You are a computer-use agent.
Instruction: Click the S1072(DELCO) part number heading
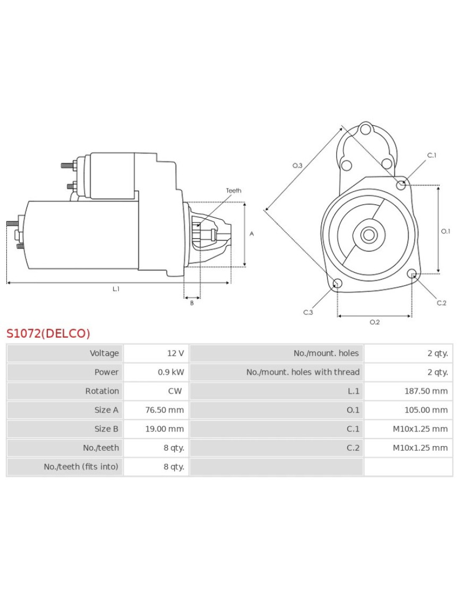(48, 333)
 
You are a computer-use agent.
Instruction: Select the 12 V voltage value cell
(175, 353)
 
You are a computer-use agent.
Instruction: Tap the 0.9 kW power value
(170, 372)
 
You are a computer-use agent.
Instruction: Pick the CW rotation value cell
(175, 391)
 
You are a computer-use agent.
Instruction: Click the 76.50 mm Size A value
(165, 410)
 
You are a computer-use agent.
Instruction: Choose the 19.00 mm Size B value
(165, 429)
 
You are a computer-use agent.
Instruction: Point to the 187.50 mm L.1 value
(426, 391)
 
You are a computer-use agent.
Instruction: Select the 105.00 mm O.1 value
(426, 410)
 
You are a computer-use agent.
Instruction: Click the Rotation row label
(102, 391)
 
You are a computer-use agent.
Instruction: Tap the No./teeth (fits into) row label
(81, 467)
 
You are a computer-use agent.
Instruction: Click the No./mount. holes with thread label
(303, 372)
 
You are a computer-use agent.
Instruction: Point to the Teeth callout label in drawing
(233, 191)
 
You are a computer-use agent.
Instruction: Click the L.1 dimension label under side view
(116, 289)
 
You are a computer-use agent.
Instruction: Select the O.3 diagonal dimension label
(297, 166)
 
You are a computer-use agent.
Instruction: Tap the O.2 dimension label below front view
(374, 322)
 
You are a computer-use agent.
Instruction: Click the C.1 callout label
(432, 155)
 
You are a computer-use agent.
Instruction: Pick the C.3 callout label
(308, 312)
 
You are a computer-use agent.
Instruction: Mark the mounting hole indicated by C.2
(412, 274)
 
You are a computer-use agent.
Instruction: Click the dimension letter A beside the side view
(252, 234)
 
